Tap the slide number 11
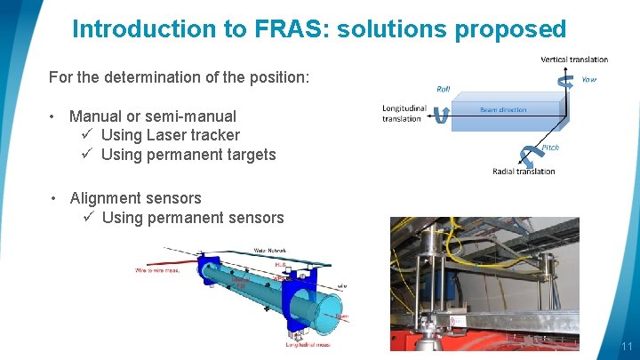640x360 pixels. tap(627, 347)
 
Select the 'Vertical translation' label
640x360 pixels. tap(574, 60)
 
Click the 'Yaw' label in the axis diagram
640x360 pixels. tap(588, 79)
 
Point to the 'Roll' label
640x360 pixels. tap(444, 88)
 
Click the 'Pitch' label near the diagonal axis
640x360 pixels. tap(550, 148)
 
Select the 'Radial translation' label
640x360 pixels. tap(524, 172)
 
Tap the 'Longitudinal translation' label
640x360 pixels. tap(402, 114)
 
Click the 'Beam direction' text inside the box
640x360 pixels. tap(503, 110)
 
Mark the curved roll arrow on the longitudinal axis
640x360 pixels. tap(440, 116)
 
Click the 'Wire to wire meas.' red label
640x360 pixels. tap(157, 269)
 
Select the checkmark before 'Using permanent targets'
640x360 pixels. tap(88, 155)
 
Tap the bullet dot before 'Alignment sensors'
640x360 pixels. tap(54, 198)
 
